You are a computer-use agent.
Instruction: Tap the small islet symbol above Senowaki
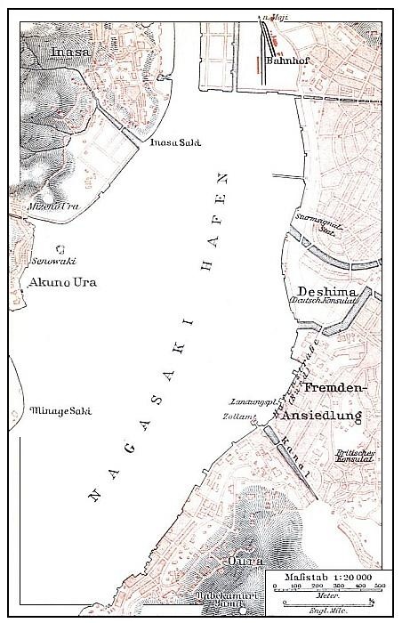(60, 249)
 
